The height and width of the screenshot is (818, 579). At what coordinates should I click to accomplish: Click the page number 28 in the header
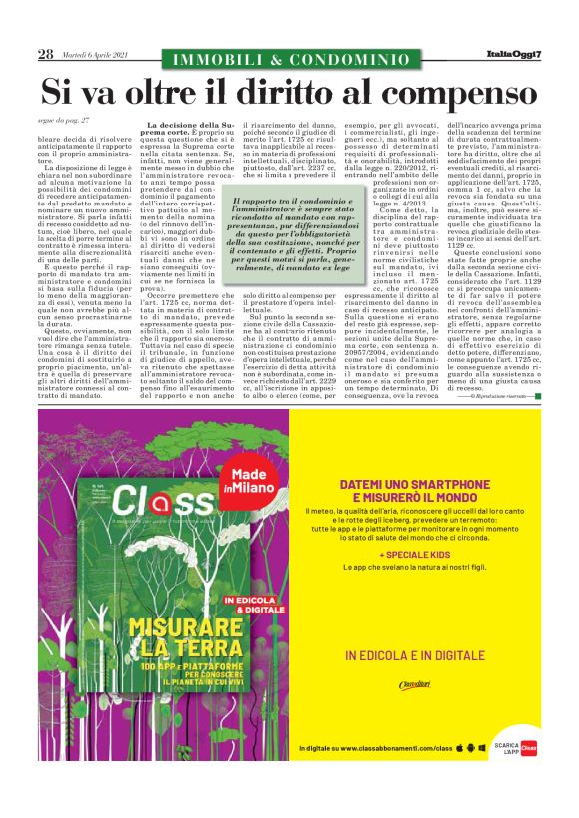pyautogui.click(x=45, y=54)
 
